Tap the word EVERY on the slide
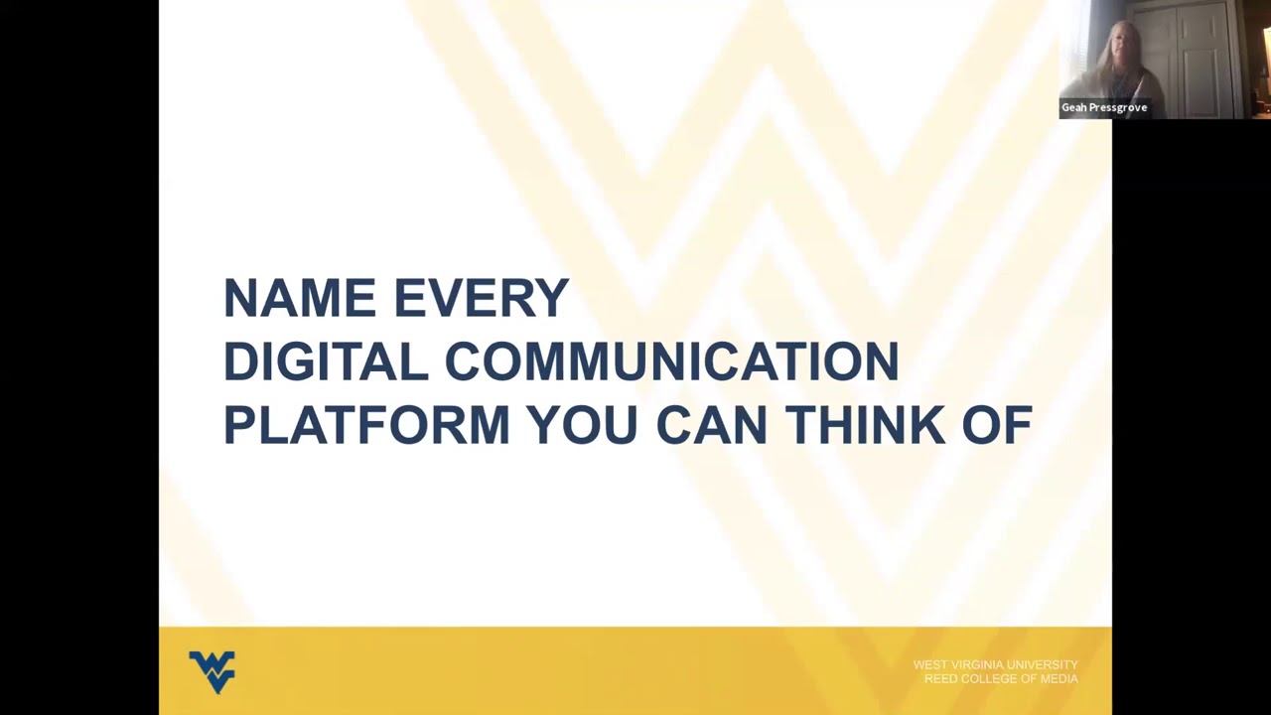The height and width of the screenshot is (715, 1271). coord(482,298)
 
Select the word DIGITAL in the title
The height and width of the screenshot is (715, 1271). coord(325,361)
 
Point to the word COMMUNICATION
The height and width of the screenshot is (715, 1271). coord(671,361)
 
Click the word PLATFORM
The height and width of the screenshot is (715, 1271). coord(365,425)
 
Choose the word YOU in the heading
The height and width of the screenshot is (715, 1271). coord(582,425)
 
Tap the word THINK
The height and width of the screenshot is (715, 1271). coord(865,425)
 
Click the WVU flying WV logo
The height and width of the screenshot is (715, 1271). coord(212,671)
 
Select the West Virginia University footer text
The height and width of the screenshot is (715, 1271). coord(995,665)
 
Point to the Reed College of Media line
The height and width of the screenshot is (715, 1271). coord(1001,678)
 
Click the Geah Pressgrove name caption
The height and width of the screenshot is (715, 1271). coord(1104,107)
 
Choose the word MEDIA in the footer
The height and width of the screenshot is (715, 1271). coord(1059,678)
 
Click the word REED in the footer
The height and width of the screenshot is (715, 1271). coord(940,678)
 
